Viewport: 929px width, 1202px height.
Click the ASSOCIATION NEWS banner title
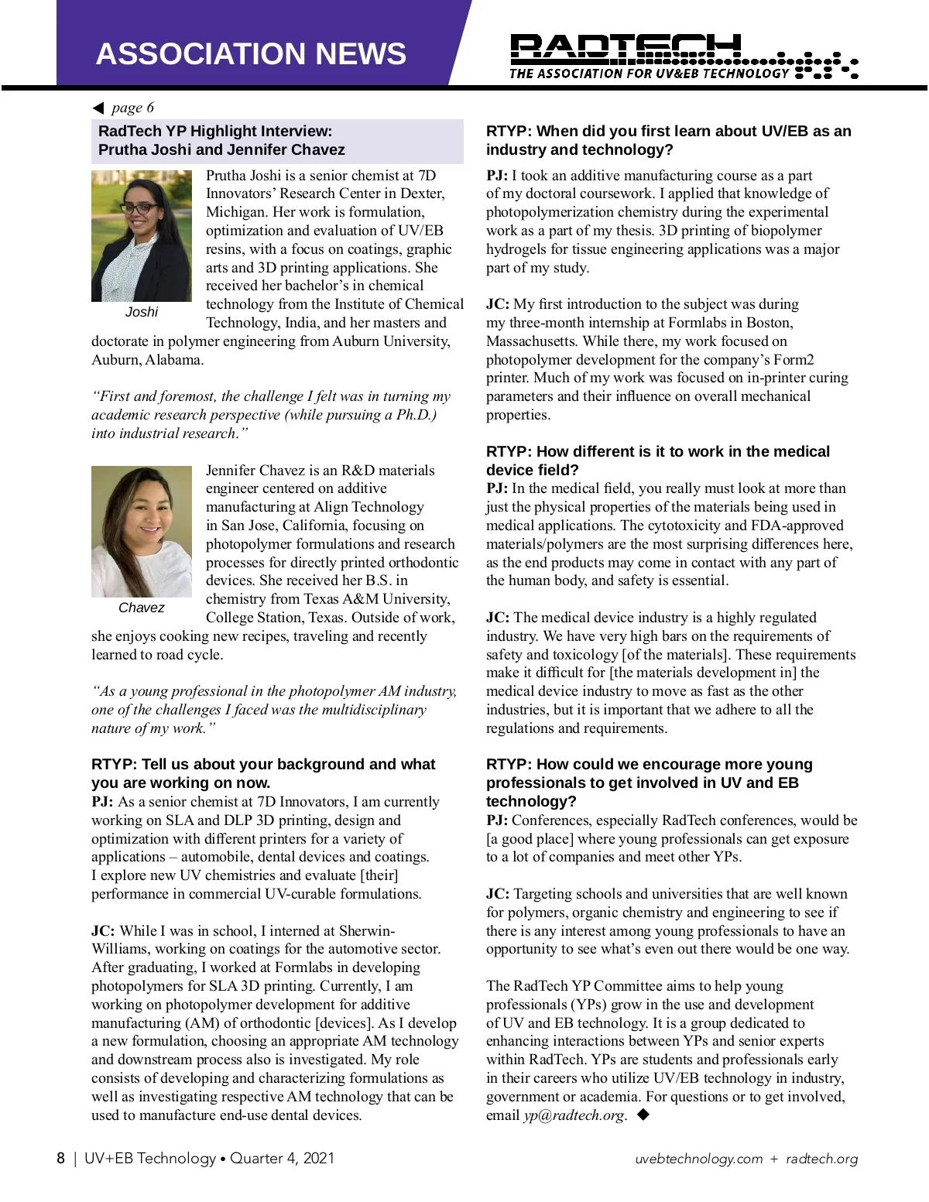pos(251,53)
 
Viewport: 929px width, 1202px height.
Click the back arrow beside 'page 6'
pos(98,108)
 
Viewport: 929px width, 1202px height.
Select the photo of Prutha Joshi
pos(142,235)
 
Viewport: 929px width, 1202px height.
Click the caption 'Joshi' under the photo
pos(142,312)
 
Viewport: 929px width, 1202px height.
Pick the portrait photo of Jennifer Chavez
pos(142,531)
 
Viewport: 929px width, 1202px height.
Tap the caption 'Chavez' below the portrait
pos(142,608)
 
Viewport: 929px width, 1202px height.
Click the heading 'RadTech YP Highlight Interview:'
pos(215,131)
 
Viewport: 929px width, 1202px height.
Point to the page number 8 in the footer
pos(60,1158)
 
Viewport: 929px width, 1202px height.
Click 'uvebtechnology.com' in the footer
pos(698,1159)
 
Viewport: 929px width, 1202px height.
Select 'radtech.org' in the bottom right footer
pos(821,1159)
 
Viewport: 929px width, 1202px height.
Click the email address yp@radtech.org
pos(574,1115)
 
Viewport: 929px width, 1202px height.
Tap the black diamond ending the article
pos(643,1115)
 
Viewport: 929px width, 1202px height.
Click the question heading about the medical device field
pos(657,461)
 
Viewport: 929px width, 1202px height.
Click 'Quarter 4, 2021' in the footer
pos(282,1158)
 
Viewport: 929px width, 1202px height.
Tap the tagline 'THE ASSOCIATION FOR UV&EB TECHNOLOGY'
pos(649,74)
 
